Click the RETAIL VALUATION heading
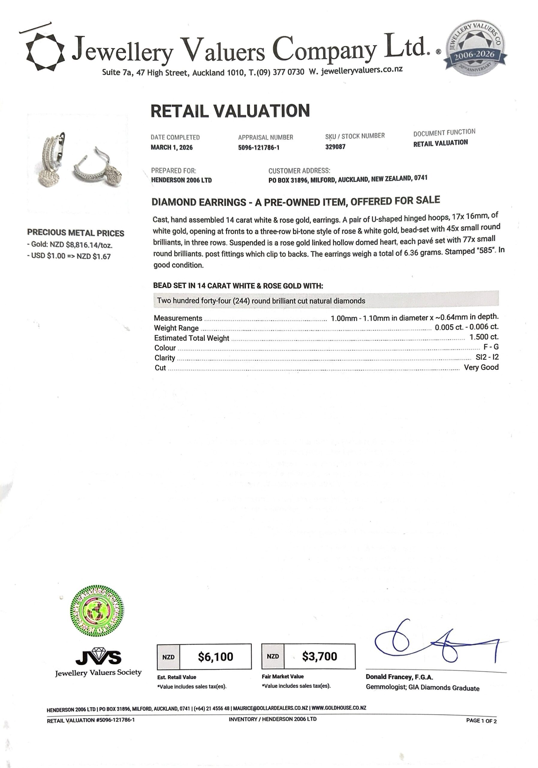coord(230,111)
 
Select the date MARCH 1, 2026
coord(171,148)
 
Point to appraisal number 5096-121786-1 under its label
coord(259,148)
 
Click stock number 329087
coord(335,147)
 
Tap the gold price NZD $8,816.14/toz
coord(81,245)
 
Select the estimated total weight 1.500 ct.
coord(483,337)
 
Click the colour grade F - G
coord(491,347)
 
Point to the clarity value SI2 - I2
coord(487,357)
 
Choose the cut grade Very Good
coord(481,367)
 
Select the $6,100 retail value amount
coord(215,657)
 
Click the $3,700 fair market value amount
coord(320,656)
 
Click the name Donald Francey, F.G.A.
coord(399,677)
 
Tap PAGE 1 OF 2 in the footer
coord(481,721)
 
